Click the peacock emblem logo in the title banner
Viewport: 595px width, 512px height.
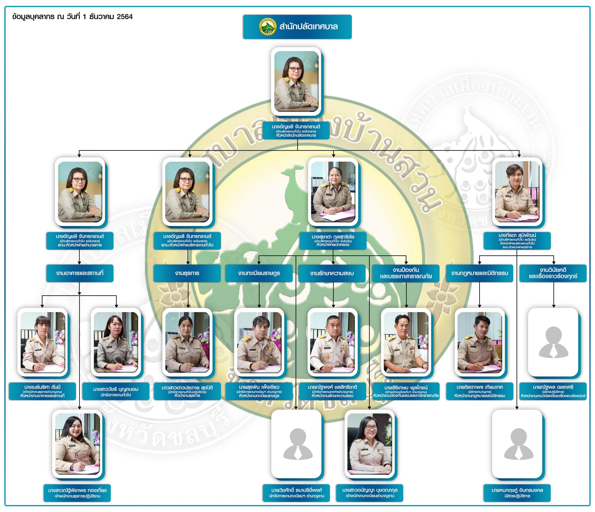[x=267, y=27]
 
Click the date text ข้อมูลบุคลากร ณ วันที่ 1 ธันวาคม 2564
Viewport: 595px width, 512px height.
[x=72, y=17]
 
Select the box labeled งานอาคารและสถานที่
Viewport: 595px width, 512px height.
[x=79, y=273]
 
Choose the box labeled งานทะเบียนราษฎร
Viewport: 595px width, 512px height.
[x=259, y=273]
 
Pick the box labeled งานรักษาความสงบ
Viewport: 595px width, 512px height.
[x=332, y=273]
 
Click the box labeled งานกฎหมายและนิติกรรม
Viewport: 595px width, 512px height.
[x=479, y=273]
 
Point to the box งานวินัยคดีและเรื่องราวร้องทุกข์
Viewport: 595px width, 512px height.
[x=553, y=273]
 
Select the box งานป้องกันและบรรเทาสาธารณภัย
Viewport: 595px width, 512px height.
[x=406, y=273]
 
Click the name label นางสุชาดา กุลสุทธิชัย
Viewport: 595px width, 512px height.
[x=333, y=240]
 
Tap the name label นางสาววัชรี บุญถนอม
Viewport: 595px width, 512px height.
[x=116, y=391]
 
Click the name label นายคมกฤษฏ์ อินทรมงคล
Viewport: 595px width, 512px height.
[x=517, y=492]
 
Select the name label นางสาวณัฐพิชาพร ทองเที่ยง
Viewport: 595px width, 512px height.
[x=77, y=492]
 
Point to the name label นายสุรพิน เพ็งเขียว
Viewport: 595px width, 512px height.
[x=259, y=391]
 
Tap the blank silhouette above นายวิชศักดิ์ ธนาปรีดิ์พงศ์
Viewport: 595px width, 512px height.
[x=296, y=444]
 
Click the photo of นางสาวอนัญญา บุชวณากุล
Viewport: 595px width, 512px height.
[x=370, y=444]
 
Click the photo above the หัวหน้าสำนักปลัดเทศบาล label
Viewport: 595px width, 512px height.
[x=296, y=81]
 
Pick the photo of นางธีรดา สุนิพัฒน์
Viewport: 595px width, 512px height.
[x=517, y=192]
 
